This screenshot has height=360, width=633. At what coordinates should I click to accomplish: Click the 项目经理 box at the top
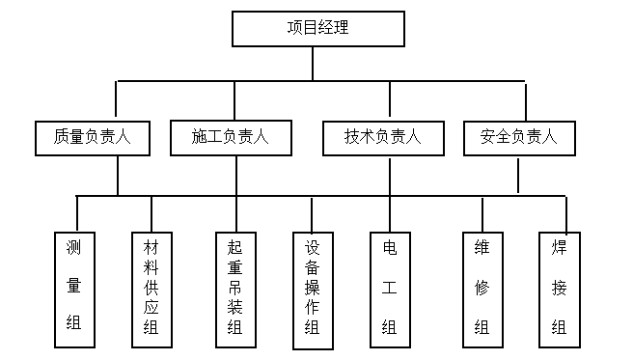pos(316,28)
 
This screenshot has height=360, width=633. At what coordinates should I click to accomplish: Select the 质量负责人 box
pos(94,138)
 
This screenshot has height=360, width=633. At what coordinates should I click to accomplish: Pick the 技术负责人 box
pos(382,138)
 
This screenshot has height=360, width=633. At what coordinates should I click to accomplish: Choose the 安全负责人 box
pos(518,138)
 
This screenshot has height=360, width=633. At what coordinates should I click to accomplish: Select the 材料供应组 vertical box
pos(151,289)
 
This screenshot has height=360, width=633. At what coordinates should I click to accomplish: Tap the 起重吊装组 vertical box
pos(234,289)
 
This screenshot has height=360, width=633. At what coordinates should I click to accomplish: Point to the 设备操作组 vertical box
pos(312,289)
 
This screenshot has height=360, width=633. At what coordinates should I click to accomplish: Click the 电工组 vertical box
pos(390,289)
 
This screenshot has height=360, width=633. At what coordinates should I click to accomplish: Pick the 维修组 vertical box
pos(482,289)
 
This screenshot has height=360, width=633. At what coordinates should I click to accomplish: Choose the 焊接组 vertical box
pos(559,289)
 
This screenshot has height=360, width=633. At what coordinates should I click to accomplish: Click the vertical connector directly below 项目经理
pos(313,64)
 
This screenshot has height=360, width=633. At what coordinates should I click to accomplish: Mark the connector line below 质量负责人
pos(118,176)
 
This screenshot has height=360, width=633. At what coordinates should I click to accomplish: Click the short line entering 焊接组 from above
pos(566,212)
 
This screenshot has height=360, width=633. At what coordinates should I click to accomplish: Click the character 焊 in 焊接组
pos(559,248)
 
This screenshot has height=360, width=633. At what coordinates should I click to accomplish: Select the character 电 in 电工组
pos(390,248)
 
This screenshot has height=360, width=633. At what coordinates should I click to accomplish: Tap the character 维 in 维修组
pos(482,248)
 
